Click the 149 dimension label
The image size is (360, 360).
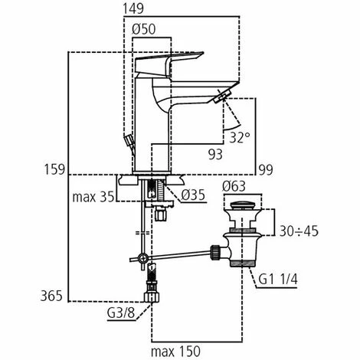click(133, 8)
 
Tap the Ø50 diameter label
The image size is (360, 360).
click(144, 29)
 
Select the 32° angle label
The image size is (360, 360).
click(240, 137)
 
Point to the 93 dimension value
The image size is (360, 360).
click(215, 154)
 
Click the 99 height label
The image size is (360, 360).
click(266, 169)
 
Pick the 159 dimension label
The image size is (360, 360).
click(55, 169)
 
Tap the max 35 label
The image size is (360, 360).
click(93, 197)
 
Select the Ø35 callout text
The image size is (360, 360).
click(193, 195)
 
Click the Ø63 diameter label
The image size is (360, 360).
click(234, 186)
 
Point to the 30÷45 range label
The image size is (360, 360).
click(299, 231)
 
